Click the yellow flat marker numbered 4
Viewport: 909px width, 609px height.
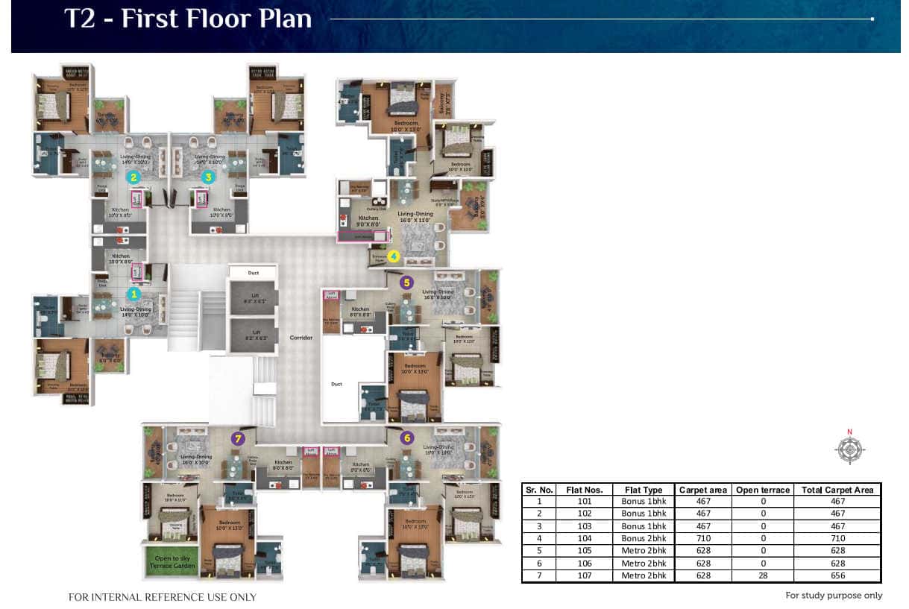[393, 257]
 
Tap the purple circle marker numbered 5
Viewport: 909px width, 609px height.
[406, 283]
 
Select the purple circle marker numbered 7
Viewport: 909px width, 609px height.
[238, 438]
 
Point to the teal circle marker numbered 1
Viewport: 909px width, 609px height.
[135, 295]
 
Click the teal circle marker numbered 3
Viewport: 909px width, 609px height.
[208, 177]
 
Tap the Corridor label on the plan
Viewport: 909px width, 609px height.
[301, 338]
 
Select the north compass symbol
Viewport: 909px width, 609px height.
[849, 450]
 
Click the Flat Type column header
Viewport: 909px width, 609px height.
[643, 490]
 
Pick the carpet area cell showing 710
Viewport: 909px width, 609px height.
[702, 538]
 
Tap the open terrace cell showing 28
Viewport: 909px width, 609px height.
[762, 575]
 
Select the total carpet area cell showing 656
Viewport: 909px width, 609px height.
[837, 575]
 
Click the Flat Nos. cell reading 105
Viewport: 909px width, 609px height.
[584, 551]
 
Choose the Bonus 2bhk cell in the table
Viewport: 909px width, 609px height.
[643, 538]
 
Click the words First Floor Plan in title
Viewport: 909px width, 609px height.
[216, 19]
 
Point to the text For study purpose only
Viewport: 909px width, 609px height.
[833, 595]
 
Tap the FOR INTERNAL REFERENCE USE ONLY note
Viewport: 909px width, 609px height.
[162, 597]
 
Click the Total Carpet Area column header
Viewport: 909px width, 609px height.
[837, 490]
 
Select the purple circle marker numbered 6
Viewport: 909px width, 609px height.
[406, 438]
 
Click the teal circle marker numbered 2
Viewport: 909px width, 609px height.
[133, 177]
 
